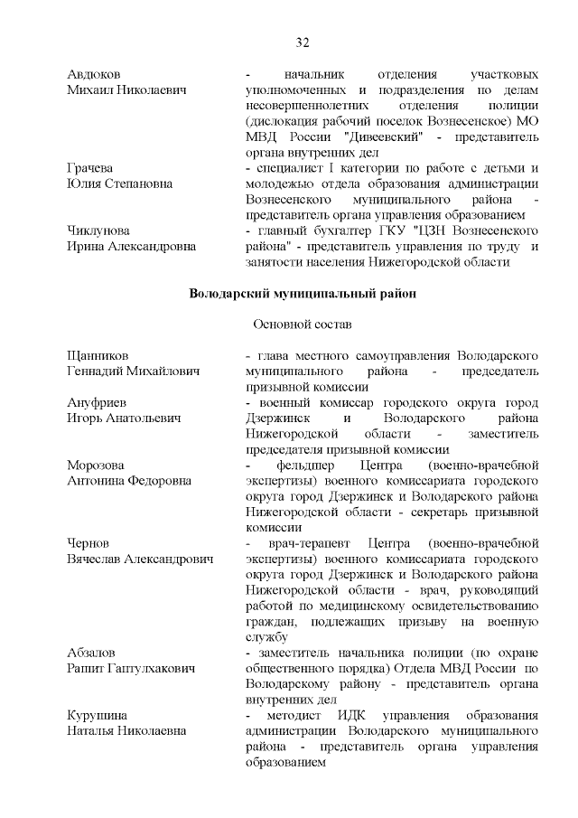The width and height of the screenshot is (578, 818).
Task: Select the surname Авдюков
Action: [95, 73]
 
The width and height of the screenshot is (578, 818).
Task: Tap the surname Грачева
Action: [90, 168]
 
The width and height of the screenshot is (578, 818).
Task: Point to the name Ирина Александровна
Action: [130, 247]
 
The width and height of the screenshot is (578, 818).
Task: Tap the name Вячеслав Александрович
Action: [140, 559]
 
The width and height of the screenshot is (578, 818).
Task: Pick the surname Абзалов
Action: [92, 652]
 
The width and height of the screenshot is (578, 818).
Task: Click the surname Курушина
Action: [98, 715]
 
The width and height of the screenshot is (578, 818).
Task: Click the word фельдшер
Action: [306, 465]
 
